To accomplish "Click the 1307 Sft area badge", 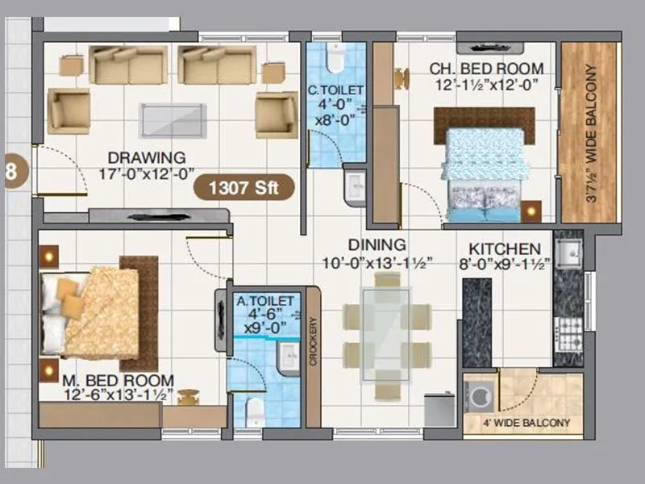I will click(243, 188).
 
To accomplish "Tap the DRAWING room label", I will click(147, 157).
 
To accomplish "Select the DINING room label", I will click(377, 244).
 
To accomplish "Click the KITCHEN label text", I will click(505, 248).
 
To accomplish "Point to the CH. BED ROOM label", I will click(485, 69).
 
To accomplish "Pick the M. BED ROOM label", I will click(119, 379).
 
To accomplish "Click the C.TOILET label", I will click(335, 90).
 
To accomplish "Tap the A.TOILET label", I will click(263, 302).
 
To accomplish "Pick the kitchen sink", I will click(568, 252).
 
